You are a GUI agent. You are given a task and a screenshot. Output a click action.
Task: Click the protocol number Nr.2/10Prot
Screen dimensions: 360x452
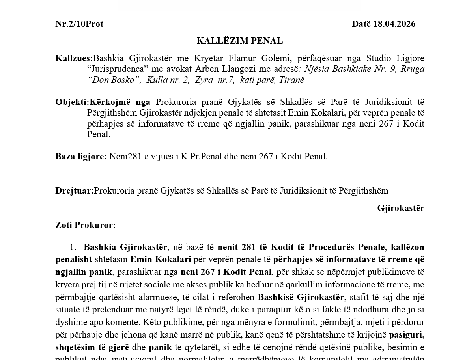[79, 24]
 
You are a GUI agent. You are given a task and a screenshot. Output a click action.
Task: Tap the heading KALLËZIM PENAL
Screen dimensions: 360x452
[240, 41]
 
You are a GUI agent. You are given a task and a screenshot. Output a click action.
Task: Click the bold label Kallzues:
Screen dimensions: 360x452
[74, 58]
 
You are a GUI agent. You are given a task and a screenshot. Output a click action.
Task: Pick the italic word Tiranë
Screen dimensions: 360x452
[292, 80]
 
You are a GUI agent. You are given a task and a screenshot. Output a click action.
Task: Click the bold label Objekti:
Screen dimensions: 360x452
[72, 102]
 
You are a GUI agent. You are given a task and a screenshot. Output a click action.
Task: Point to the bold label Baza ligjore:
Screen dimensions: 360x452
[81, 157]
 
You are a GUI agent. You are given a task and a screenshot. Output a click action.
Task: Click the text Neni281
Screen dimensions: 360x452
[125, 157]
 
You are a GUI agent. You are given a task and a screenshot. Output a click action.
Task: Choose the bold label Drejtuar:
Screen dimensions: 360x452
[74, 191]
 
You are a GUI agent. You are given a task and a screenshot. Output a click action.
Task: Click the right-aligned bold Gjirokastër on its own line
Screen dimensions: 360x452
[400, 208]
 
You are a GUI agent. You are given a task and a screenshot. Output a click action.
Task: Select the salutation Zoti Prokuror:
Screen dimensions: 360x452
[86, 225]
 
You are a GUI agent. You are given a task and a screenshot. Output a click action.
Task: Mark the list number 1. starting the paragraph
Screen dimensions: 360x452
[73, 247]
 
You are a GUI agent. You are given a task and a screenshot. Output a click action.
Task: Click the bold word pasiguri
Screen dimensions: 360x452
[406, 335]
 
